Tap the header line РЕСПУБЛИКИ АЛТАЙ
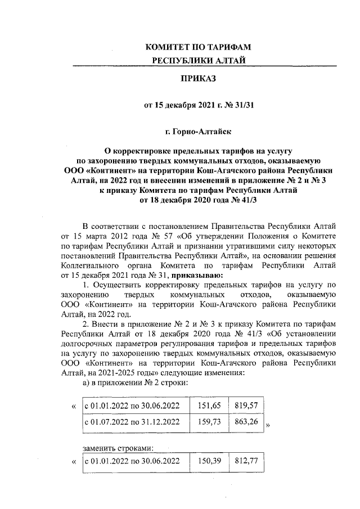(197, 60)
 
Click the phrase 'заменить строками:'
(118, 448)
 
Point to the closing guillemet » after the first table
(268, 426)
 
